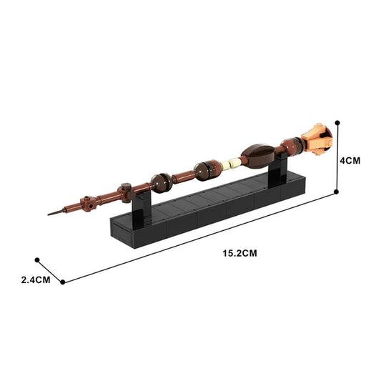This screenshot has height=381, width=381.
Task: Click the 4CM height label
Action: point(350,161)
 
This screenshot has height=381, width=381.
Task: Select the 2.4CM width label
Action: point(36,279)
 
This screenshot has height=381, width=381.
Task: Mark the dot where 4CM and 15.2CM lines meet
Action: point(337,192)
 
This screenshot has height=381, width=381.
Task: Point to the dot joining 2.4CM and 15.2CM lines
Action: point(63,282)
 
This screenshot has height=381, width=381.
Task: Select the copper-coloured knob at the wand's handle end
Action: point(317,139)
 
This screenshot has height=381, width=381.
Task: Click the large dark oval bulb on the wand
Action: point(256,154)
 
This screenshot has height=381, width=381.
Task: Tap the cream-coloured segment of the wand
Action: point(229,164)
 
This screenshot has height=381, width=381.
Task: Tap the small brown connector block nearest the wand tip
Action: point(88,202)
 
